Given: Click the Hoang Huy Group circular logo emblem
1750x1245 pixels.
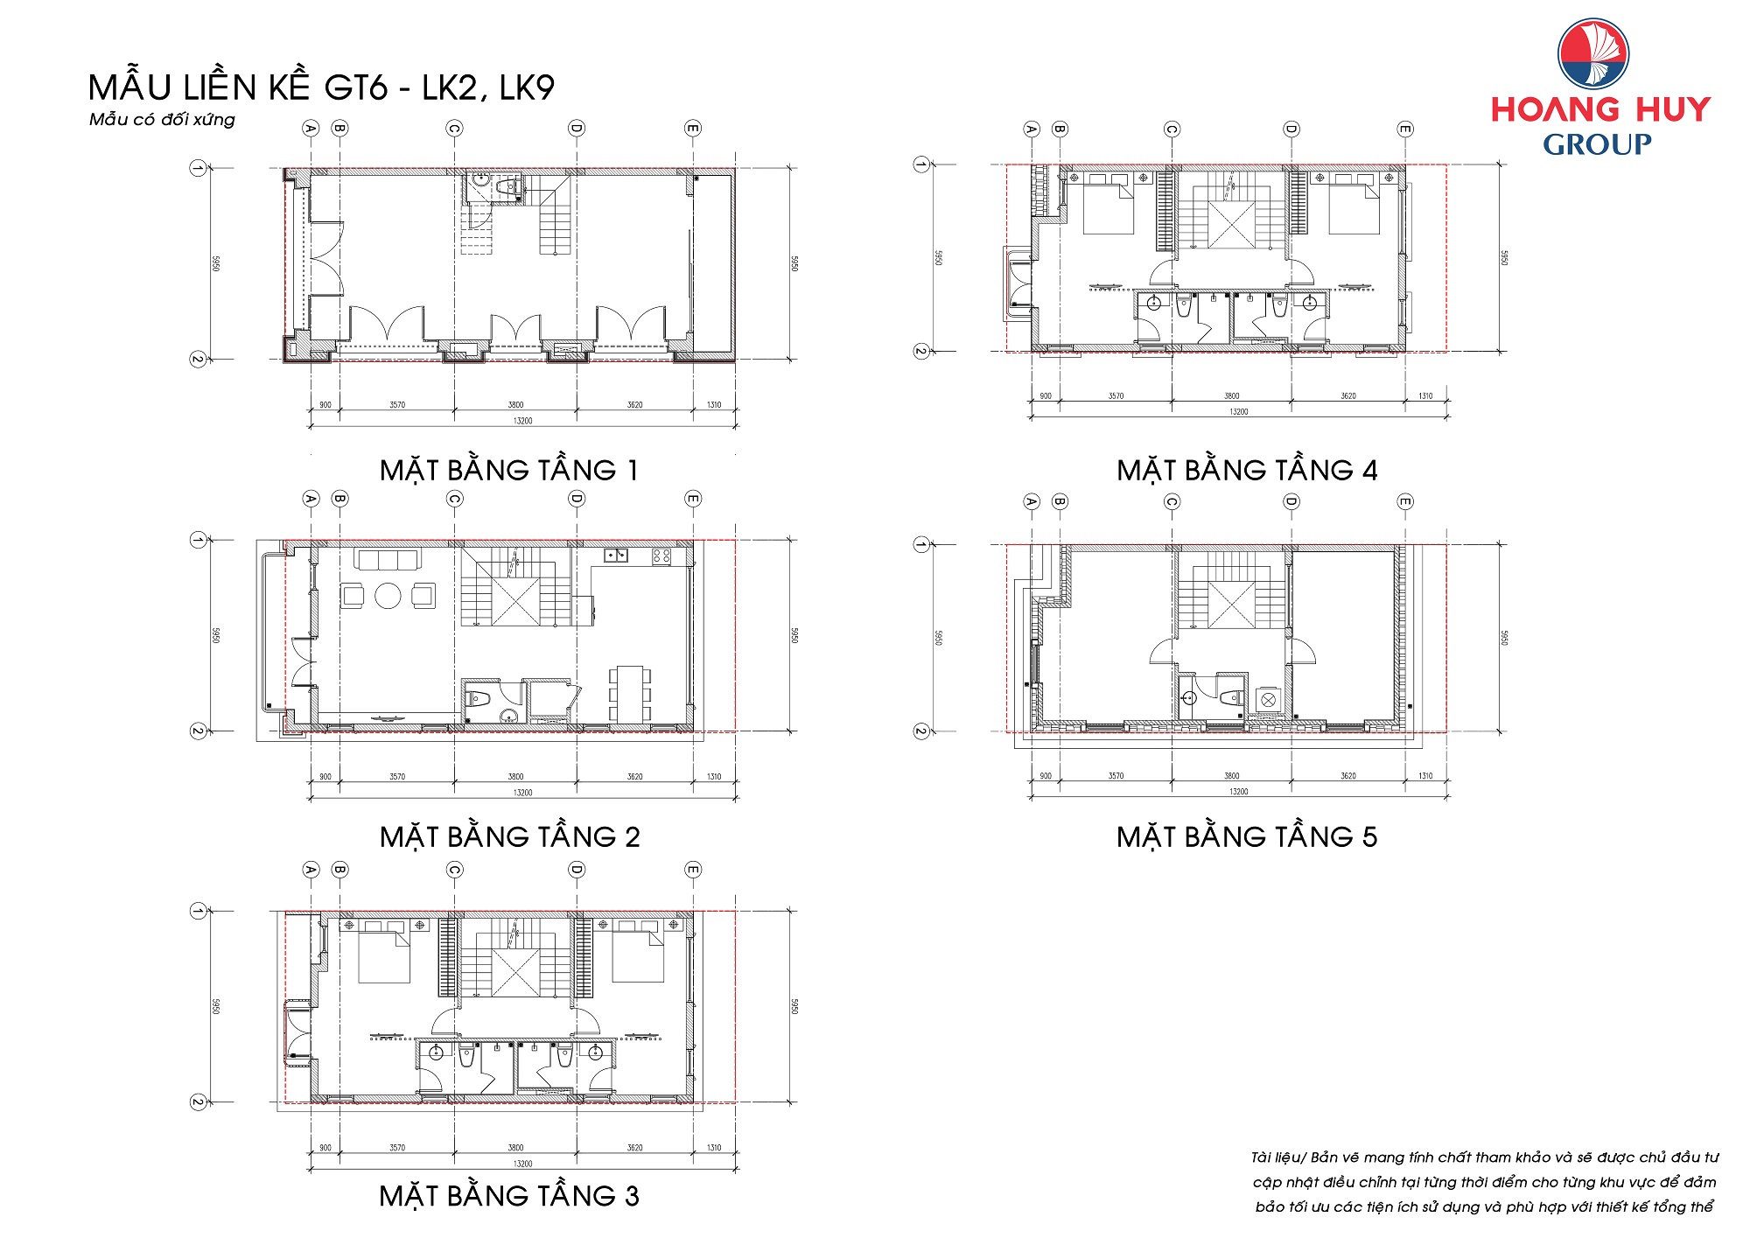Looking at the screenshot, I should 1593,53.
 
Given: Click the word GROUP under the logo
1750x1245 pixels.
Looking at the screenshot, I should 1597,144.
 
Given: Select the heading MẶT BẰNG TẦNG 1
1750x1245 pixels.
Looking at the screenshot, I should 508,471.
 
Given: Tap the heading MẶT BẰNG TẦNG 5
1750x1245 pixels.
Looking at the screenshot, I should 1246,837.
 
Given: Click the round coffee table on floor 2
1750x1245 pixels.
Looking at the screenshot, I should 388,596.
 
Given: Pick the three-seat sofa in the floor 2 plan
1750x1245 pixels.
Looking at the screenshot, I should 388,559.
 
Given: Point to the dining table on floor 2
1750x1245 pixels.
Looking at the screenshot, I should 630,694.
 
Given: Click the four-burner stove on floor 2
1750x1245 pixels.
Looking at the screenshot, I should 661,556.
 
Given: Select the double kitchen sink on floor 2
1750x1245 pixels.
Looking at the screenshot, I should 616,555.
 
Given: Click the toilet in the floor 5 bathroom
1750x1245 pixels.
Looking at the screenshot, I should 1230,697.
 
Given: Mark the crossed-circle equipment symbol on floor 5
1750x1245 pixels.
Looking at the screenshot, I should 1268,700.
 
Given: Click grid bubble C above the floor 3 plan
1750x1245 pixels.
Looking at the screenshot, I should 454,870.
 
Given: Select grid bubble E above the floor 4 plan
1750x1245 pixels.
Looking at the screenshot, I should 1404,129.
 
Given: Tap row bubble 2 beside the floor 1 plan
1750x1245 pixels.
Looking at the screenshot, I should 198,359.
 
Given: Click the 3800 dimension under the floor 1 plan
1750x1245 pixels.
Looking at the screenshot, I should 515,405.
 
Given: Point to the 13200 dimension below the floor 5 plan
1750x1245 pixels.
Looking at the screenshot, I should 1238,792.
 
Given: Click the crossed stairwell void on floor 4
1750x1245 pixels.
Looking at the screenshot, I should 1231,225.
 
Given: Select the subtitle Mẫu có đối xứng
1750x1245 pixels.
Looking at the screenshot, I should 162,120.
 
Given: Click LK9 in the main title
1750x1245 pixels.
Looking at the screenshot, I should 527,87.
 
